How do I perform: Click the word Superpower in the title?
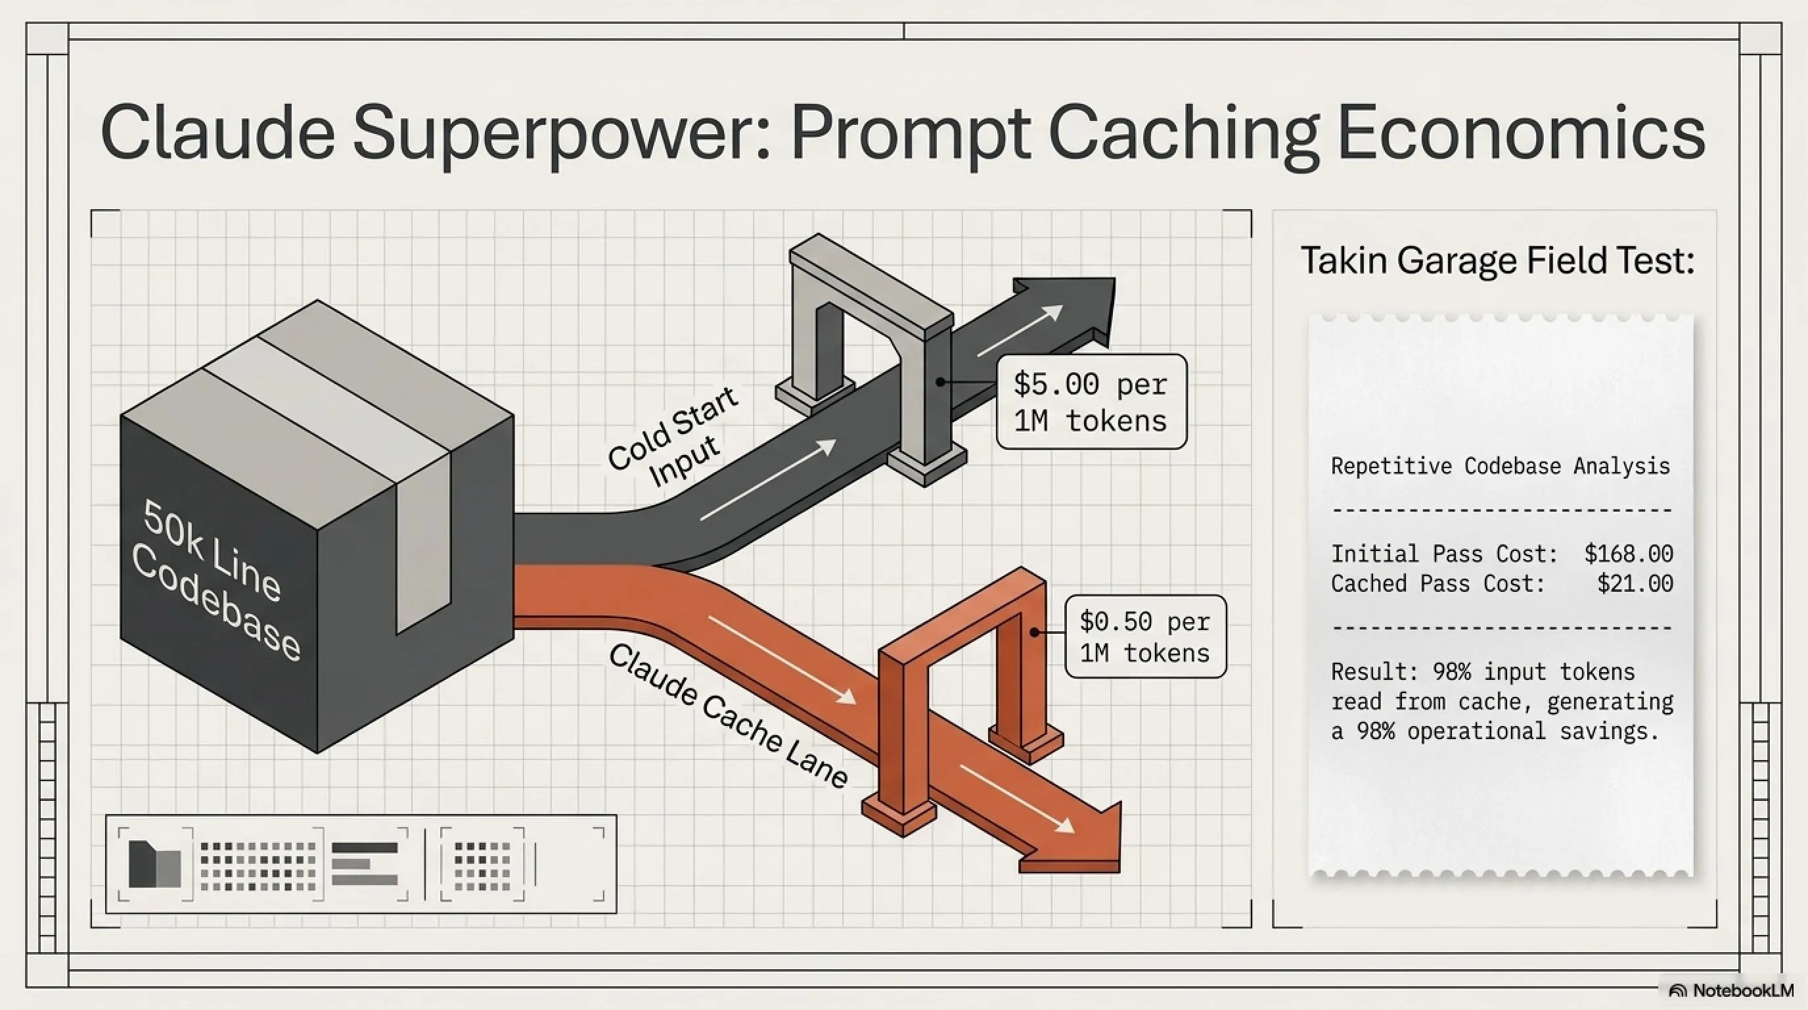pos(561,133)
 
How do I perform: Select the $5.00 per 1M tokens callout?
pos(1091,402)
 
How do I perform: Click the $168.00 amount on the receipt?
pos(1629,554)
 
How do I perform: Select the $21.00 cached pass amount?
pos(1635,583)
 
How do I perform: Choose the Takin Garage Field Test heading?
pos(1497,260)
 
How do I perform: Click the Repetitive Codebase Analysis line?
pos(1500,466)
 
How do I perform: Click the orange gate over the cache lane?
pos(962,632)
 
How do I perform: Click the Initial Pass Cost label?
pos(1444,554)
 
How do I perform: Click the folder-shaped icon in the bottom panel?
pos(154,864)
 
